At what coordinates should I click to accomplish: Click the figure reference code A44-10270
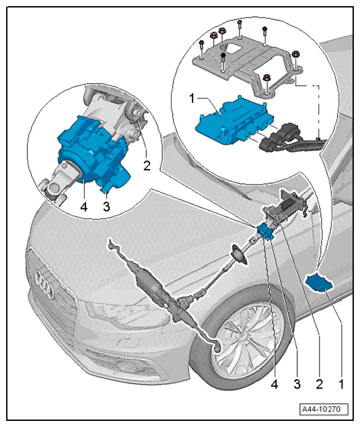324,409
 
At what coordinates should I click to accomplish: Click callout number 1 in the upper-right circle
192,98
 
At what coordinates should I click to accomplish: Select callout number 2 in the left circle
147,166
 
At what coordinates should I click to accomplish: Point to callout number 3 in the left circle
106,206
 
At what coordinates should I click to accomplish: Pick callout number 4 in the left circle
84,206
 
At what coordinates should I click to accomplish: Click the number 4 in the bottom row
275,385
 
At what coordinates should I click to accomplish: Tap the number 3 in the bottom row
297,385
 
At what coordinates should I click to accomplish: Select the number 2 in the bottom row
320,385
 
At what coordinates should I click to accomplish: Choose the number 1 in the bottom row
341,385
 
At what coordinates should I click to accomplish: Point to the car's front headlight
128,315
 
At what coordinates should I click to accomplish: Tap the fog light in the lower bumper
126,366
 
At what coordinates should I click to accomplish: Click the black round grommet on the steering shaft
239,255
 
